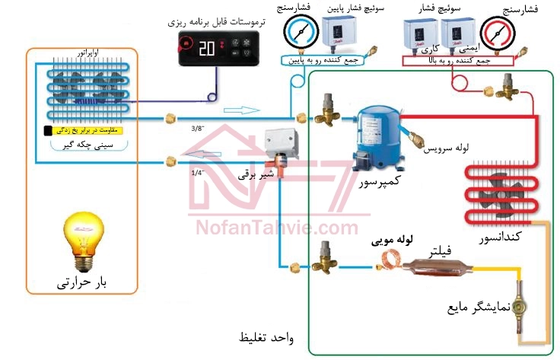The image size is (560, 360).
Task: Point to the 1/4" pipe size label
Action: click(199, 173)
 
